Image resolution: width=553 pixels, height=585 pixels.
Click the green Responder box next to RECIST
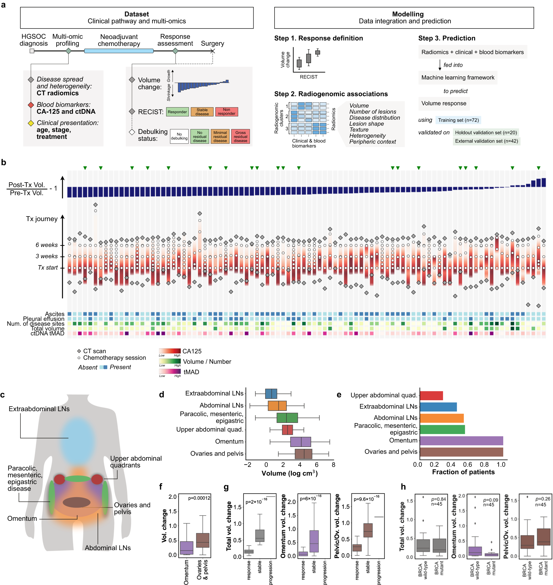point(177,112)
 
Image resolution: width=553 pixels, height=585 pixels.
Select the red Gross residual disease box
point(240,136)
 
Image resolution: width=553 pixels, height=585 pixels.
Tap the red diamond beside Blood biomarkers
point(31,105)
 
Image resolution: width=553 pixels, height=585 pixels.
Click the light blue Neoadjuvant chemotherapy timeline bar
point(119,51)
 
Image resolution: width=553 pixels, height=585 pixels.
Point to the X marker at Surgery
point(213,51)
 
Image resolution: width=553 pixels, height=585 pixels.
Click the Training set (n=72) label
point(458,120)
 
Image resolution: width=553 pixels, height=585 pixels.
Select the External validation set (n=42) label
point(486,141)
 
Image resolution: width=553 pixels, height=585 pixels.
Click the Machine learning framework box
point(458,77)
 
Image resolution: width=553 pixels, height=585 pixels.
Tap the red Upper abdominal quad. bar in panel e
point(431,396)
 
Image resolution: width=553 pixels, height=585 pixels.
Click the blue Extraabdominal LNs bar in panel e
point(438,407)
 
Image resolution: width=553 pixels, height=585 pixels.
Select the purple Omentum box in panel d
point(300,442)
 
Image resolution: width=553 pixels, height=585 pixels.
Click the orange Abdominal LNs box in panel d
point(277,406)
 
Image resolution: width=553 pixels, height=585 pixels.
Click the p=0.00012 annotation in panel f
point(199,498)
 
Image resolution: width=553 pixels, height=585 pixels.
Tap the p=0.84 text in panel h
point(439,499)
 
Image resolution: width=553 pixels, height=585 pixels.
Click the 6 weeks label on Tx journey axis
point(46,245)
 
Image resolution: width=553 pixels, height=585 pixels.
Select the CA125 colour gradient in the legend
point(170,351)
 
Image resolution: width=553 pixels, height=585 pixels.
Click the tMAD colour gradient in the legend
point(170,371)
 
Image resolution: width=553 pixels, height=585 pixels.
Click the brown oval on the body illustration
point(77,502)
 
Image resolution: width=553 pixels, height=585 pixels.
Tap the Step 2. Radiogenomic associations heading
point(331,94)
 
